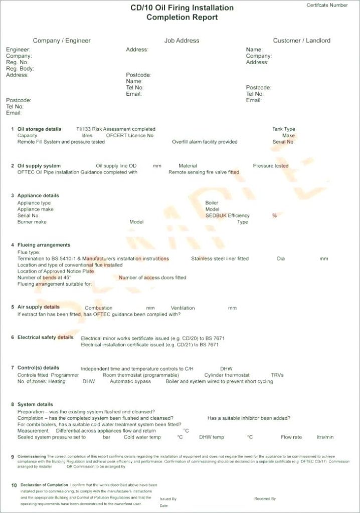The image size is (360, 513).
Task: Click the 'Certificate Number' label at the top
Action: tap(327, 5)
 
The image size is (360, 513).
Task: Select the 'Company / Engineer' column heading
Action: tap(62, 41)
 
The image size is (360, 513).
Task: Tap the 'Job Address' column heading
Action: tap(182, 41)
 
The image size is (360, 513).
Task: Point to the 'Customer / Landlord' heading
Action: tap(301, 41)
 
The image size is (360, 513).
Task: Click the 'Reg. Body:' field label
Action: tap(20, 69)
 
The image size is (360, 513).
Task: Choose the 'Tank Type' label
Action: tap(283, 129)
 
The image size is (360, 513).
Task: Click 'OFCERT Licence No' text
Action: tap(130, 136)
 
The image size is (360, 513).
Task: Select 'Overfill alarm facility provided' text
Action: tap(205, 142)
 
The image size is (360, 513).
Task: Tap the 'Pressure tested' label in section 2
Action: tap(270, 166)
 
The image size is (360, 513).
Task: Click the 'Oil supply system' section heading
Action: tap(39, 166)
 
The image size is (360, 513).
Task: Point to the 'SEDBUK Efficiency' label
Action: tap(227, 216)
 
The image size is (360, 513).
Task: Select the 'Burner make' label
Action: tap(32, 222)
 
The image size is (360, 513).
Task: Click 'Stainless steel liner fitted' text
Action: tap(220, 259)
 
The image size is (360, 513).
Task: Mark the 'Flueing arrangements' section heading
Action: tap(44, 245)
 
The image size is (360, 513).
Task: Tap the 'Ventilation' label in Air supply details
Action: tap(183, 308)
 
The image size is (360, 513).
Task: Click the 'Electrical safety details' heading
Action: tap(46, 338)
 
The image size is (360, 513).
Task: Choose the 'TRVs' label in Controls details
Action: tap(277, 375)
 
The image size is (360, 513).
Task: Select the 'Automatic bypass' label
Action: tap(130, 382)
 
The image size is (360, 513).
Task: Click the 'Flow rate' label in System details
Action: tap(291, 437)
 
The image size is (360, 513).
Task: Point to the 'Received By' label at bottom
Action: tap(265, 499)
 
